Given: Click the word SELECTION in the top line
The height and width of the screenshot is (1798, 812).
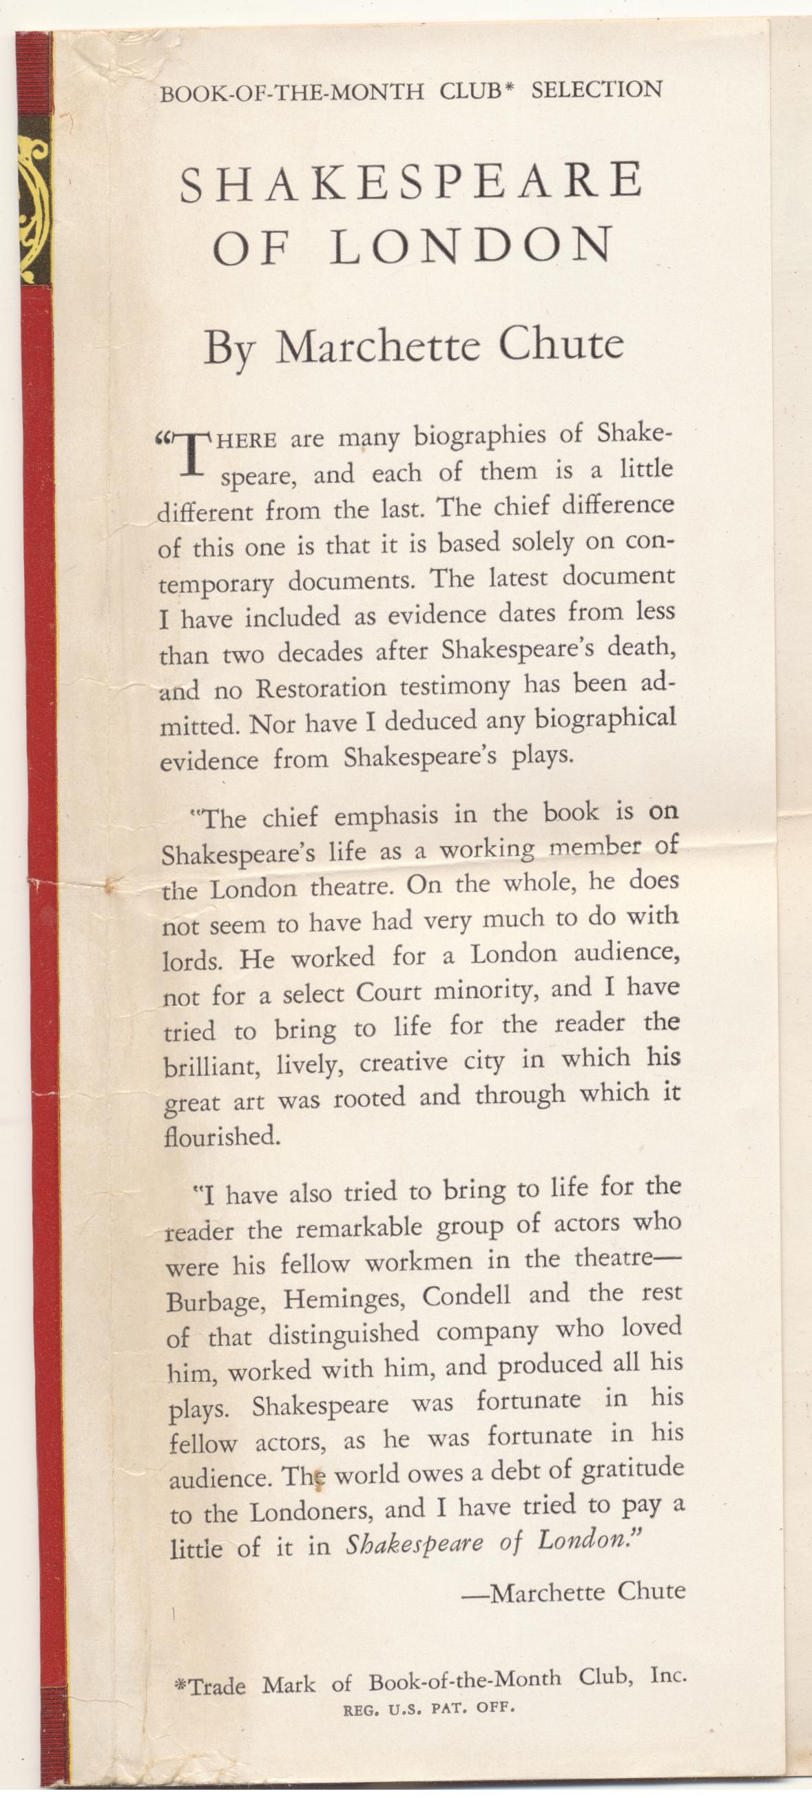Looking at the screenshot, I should [596, 90].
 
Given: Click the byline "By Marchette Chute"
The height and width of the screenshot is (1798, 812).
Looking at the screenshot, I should [413, 345].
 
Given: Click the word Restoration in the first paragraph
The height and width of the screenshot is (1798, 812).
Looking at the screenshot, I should [320, 689].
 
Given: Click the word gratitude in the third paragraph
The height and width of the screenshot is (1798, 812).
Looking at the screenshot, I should [632, 1470].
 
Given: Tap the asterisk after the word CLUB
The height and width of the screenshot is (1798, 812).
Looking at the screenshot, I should [509, 91].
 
